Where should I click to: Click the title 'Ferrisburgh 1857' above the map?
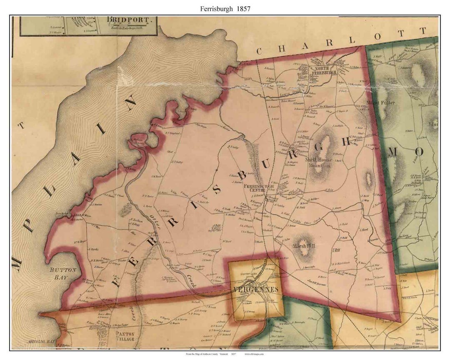click(x=225, y=8)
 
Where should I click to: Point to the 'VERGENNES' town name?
click(x=255, y=288)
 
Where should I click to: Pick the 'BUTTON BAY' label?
click(x=63, y=272)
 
